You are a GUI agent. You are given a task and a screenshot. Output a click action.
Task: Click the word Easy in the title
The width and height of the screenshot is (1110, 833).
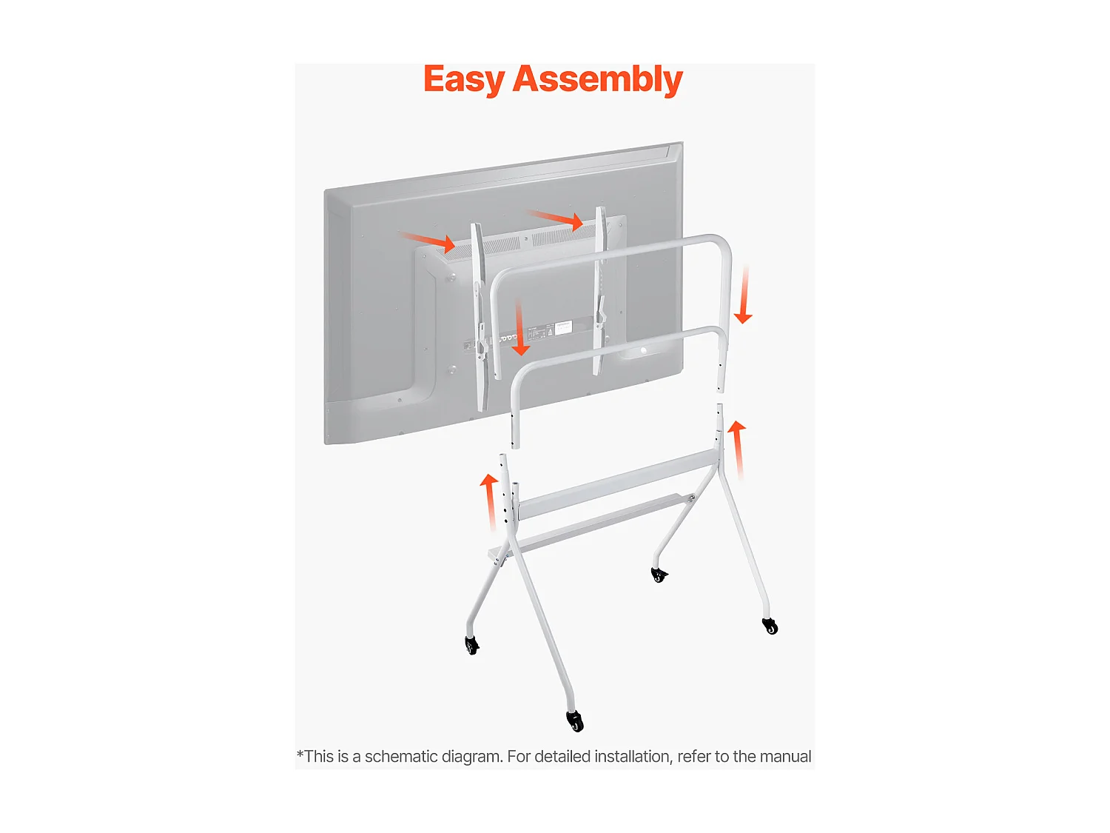[x=463, y=80]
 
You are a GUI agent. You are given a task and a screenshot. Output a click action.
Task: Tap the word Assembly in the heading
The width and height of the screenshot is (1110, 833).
[x=597, y=80]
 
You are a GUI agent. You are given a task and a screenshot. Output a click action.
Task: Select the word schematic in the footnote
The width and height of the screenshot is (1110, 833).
[x=400, y=757]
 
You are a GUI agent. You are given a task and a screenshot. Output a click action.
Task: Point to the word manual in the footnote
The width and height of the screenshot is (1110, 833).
[x=785, y=757]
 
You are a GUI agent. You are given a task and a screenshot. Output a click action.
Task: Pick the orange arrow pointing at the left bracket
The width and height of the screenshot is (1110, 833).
[x=428, y=240]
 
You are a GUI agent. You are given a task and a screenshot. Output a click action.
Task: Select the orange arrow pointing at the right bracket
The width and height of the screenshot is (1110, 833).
[x=556, y=218]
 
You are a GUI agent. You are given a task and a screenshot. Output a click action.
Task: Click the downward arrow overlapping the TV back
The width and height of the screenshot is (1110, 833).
[x=520, y=327]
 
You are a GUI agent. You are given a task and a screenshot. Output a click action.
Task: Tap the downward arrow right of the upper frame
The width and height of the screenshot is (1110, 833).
[x=743, y=295]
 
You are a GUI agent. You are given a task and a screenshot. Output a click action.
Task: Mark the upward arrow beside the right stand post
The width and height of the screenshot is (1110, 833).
[x=737, y=449]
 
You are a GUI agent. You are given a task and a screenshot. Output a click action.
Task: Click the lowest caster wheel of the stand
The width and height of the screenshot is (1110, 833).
[x=575, y=720]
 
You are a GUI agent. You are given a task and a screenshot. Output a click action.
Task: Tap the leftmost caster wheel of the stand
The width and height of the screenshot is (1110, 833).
[x=471, y=645]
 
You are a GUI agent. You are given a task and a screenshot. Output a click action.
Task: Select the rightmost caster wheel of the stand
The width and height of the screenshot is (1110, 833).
[x=770, y=626]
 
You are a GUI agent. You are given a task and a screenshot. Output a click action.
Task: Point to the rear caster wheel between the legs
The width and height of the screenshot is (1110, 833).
[x=659, y=575]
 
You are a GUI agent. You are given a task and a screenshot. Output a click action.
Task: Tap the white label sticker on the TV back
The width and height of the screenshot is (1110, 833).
[x=563, y=328]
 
